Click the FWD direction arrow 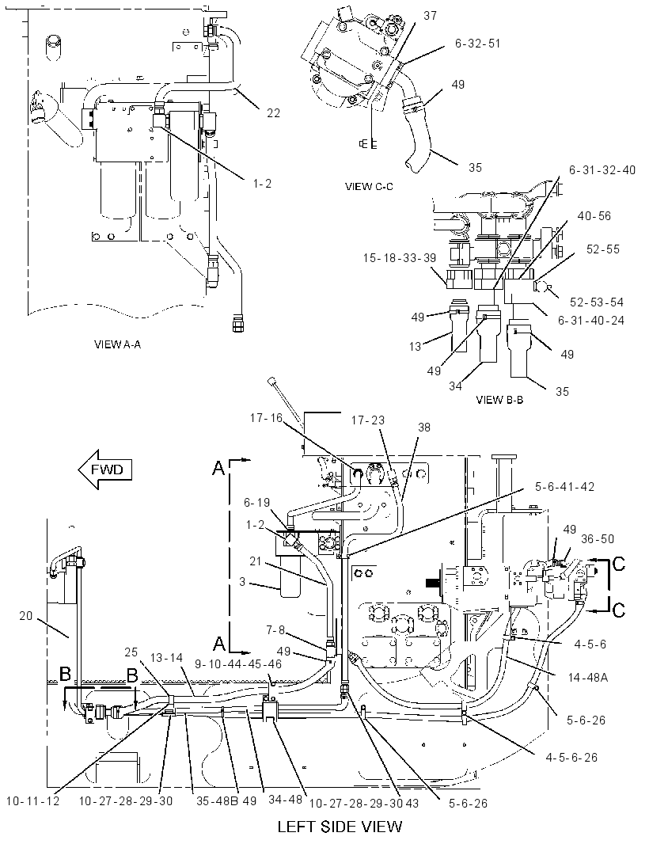click(x=105, y=470)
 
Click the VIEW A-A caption click(x=117, y=344)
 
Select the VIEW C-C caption click(x=369, y=187)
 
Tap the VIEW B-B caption click(x=499, y=400)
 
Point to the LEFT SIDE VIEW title click(x=340, y=827)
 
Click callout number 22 click(x=273, y=113)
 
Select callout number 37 click(x=430, y=16)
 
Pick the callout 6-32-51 click(x=478, y=44)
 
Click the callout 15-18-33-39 click(x=400, y=258)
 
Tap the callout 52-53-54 click(x=597, y=302)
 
